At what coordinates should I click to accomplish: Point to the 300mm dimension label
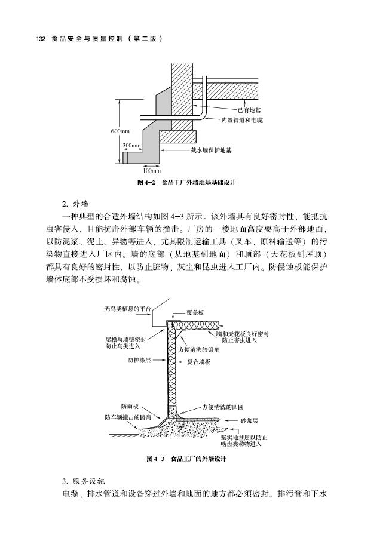131,145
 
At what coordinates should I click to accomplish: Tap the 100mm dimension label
144,170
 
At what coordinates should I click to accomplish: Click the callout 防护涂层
139,361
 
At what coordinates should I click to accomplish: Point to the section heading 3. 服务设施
84,481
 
